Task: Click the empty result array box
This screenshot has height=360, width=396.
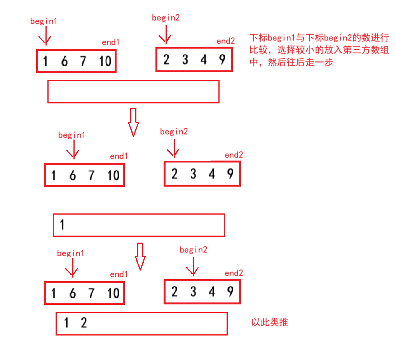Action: [133, 92]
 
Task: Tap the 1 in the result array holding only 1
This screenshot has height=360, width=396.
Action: [62, 225]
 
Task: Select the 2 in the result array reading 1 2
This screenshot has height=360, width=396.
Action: [84, 323]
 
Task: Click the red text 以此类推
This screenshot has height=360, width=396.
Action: [270, 322]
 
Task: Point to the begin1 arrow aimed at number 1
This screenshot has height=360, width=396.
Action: [45, 36]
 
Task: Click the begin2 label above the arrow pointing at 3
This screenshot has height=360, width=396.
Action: [194, 250]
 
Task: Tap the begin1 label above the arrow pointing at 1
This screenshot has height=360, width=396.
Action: [44, 21]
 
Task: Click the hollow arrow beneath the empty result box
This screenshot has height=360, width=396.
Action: [133, 122]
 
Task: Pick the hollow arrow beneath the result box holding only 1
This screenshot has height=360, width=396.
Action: [140, 256]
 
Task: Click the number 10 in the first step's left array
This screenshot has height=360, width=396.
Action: [105, 61]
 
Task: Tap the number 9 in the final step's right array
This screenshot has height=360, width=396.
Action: [230, 292]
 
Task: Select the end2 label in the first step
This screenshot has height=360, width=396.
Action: [226, 41]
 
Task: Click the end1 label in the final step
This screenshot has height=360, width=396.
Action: [119, 274]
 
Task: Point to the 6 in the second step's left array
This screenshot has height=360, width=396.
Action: [72, 176]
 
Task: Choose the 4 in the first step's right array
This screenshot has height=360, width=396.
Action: [204, 60]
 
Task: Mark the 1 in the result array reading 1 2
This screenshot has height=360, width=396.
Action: [66, 323]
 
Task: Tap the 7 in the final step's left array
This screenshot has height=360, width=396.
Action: [91, 293]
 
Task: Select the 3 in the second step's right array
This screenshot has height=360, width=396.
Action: [193, 174]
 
